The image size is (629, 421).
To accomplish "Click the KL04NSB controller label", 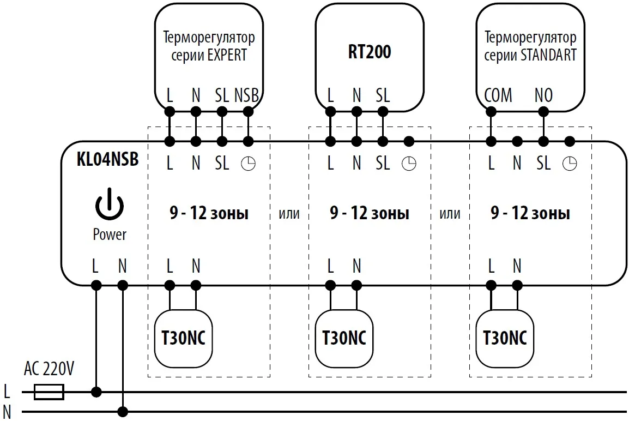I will tap(107, 159).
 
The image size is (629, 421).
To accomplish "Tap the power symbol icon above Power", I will tap(110, 205).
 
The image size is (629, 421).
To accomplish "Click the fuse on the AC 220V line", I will tap(49, 392).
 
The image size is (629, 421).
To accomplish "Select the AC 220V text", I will tap(49, 369).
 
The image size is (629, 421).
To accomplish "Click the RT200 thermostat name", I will tap(370, 52).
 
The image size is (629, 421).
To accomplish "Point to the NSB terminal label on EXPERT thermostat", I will tap(246, 95).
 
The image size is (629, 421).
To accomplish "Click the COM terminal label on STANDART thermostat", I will tap(498, 95).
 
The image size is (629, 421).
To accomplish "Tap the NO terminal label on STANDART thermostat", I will tap(543, 95).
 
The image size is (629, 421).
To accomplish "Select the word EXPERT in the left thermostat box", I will tap(227, 55).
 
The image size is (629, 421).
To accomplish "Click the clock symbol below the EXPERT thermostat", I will tap(248, 164).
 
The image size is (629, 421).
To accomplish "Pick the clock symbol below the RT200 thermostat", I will tap(408, 164).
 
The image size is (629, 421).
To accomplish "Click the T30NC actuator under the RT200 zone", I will tap(343, 338).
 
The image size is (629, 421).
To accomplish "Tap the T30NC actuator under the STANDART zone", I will tap(505, 338).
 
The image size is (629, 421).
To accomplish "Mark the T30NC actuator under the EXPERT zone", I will tap(183, 338).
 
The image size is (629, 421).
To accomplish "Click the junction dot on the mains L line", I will tap(96, 392).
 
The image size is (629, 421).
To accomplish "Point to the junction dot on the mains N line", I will tap(123, 411).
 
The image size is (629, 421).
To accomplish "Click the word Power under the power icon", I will tap(110, 234).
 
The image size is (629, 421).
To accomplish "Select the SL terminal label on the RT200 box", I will tap(383, 95).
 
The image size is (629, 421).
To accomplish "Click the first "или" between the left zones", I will tap(289, 214).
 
